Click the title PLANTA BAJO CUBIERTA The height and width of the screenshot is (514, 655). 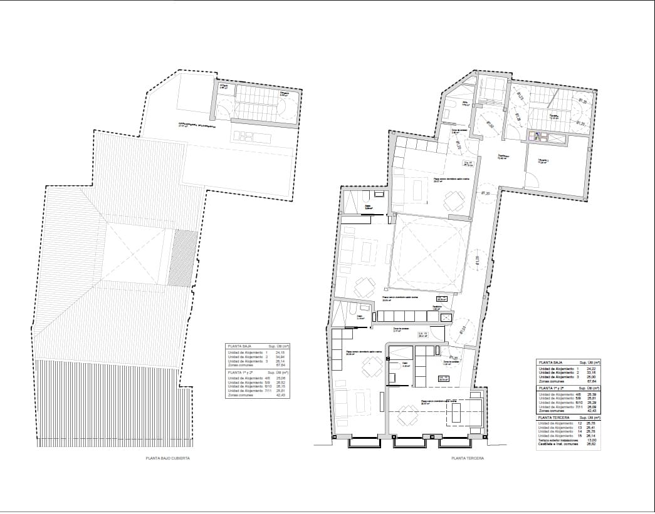167,458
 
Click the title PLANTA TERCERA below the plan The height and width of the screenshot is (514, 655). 467,458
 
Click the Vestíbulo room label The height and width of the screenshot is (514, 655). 502,157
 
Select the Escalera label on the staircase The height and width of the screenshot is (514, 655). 554,116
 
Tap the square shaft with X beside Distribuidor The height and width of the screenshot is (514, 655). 446,318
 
